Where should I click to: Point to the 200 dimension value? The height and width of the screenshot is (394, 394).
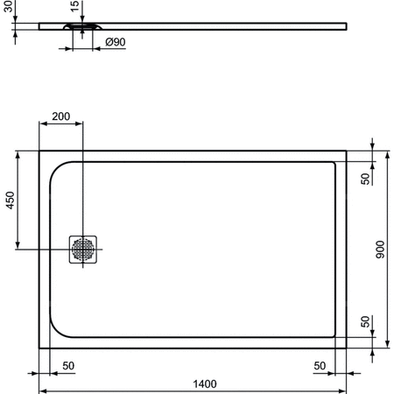61,116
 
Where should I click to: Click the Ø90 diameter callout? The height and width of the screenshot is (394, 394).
115,41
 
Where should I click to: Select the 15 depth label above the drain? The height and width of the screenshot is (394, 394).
74,6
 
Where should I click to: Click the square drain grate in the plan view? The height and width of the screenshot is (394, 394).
84,250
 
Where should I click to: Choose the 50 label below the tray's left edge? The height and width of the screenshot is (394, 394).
67,364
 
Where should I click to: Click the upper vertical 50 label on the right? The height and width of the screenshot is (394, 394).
365,178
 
